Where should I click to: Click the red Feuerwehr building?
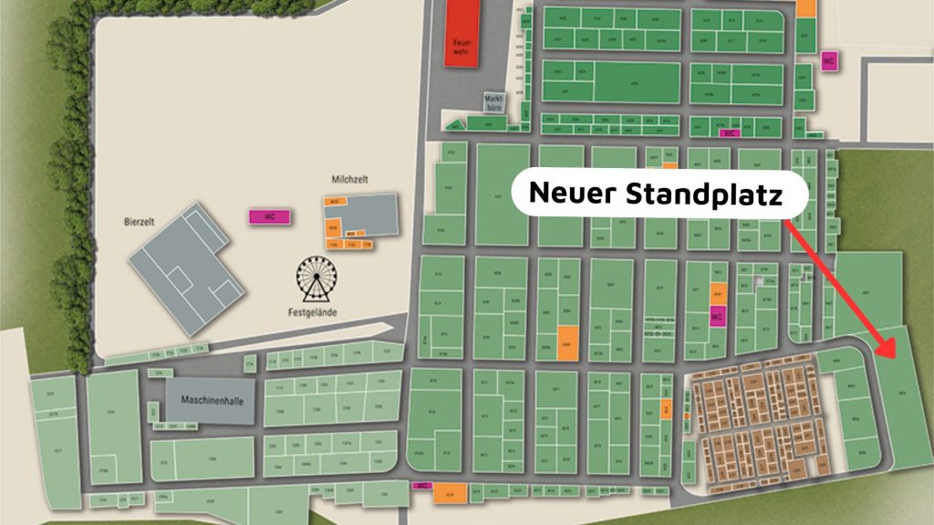pos(461,32)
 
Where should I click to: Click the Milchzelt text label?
pos(350,181)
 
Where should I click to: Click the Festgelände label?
pos(316,311)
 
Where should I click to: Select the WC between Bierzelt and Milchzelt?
pos(270,217)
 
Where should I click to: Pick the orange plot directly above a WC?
pos(717,293)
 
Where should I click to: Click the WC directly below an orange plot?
pos(717,317)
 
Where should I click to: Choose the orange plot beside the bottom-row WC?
pos(450,492)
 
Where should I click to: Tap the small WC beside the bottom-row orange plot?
pos(421,486)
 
